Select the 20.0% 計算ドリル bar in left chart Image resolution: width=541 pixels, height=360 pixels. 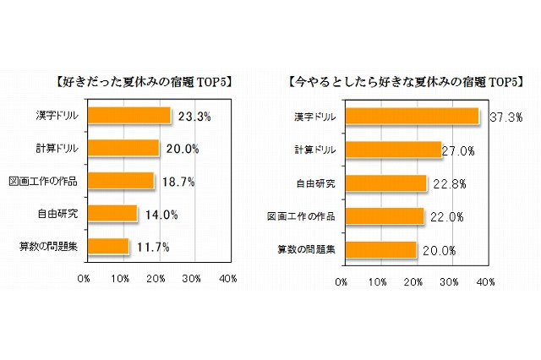click(123, 148)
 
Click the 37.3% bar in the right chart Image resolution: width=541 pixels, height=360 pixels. click(411, 117)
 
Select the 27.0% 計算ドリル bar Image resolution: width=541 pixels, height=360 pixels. click(392, 150)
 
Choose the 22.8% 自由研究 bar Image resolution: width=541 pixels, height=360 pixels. click(385, 183)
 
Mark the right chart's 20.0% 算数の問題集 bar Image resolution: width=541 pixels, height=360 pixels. click(380, 249)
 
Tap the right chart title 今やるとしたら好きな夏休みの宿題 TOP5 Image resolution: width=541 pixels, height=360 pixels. click(401, 82)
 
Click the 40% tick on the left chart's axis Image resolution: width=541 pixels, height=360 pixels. click(227, 276)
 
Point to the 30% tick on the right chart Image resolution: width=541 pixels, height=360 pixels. click(450, 281)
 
